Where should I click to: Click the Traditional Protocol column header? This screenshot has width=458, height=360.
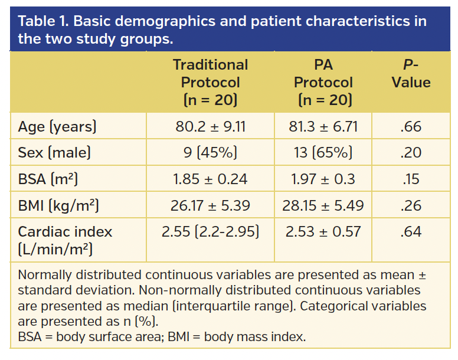pos(210,82)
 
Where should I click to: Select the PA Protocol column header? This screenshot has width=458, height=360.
pos(323,82)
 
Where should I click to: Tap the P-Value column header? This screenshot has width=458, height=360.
pos(411,74)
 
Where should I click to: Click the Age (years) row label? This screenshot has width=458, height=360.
pos(57,127)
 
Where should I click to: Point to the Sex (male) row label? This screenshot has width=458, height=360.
pos(54,153)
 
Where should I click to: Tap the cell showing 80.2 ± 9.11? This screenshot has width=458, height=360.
pos(210,127)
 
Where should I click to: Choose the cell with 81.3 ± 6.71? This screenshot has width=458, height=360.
pos(323,127)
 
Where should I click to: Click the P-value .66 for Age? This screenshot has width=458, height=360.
pos(411,127)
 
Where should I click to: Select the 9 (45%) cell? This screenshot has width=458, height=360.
pos(210,153)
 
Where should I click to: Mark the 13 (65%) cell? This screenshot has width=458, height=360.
pos(323,153)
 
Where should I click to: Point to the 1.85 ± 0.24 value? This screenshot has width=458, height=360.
pos(210,179)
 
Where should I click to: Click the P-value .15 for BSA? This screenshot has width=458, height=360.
pos(411,179)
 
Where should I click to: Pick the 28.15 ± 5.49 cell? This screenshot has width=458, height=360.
pos(323,205)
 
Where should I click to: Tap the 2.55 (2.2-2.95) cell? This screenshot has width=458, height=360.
pos(210,231)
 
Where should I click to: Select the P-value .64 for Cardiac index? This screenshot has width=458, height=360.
pos(411,231)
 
